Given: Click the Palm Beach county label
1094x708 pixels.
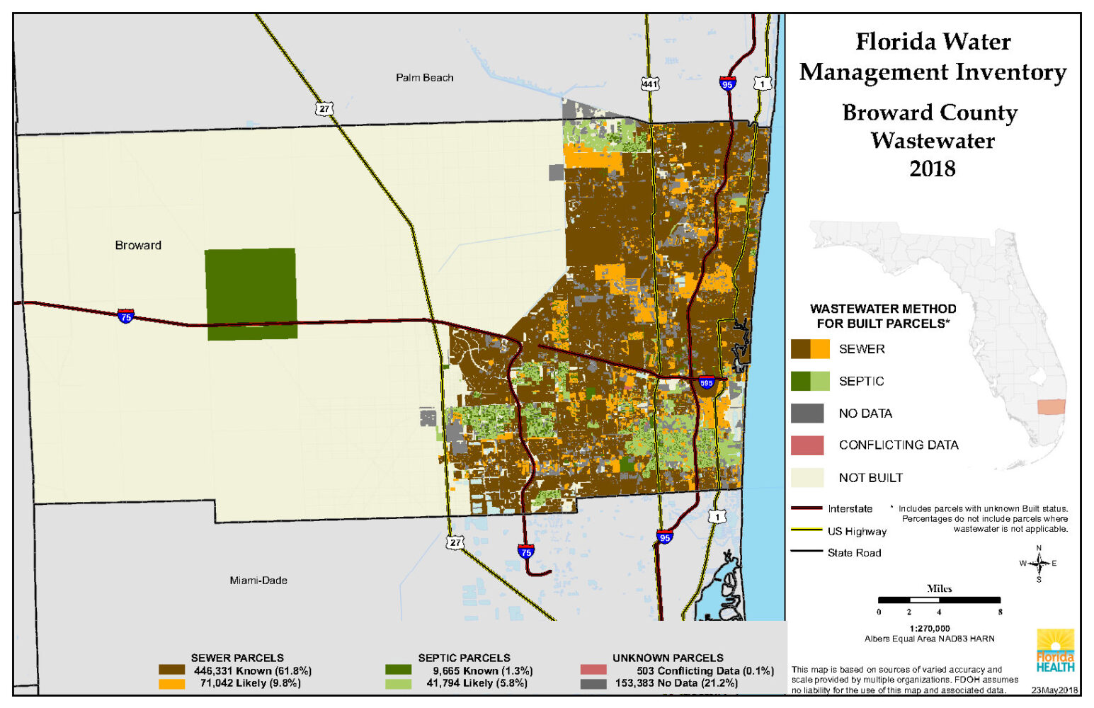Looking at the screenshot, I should pyautogui.click(x=424, y=78).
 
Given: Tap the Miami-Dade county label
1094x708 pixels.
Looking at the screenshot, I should pyautogui.click(x=258, y=581).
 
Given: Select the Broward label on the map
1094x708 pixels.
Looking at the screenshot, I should pyautogui.click(x=138, y=246).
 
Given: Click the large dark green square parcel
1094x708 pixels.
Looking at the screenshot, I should pyautogui.click(x=251, y=293).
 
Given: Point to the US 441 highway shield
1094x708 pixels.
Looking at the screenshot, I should pyautogui.click(x=649, y=84).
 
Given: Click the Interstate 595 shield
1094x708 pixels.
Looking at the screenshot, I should pyautogui.click(x=706, y=383).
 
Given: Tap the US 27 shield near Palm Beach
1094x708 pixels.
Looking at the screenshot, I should pyautogui.click(x=324, y=108).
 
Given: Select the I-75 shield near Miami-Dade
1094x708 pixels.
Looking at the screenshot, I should pyautogui.click(x=525, y=552).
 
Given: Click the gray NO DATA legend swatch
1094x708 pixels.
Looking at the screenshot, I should pyautogui.click(x=807, y=413).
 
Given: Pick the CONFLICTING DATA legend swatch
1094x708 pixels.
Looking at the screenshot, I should pyautogui.click(x=807, y=445).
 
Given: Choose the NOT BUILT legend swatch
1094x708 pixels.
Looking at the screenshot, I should pyautogui.click(x=807, y=478).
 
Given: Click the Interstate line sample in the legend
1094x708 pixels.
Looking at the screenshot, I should pyautogui.click(x=806, y=508).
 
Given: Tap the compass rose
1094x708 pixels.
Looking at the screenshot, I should pyautogui.click(x=1039, y=564).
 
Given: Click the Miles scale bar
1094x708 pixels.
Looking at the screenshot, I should pyautogui.click(x=939, y=600).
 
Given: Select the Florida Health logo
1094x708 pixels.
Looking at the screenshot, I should pyautogui.click(x=1055, y=651).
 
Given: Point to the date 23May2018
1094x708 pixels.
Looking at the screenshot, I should pyautogui.click(x=1054, y=690).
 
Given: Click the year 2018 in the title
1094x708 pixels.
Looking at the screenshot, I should pyautogui.click(x=933, y=169).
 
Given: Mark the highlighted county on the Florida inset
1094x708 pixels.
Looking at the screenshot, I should pyautogui.click(x=1051, y=407).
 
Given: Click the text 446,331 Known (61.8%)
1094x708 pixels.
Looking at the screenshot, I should pyautogui.click(x=253, y=670).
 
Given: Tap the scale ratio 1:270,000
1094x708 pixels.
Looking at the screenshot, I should pyautogui.click(x=930, y=629).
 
